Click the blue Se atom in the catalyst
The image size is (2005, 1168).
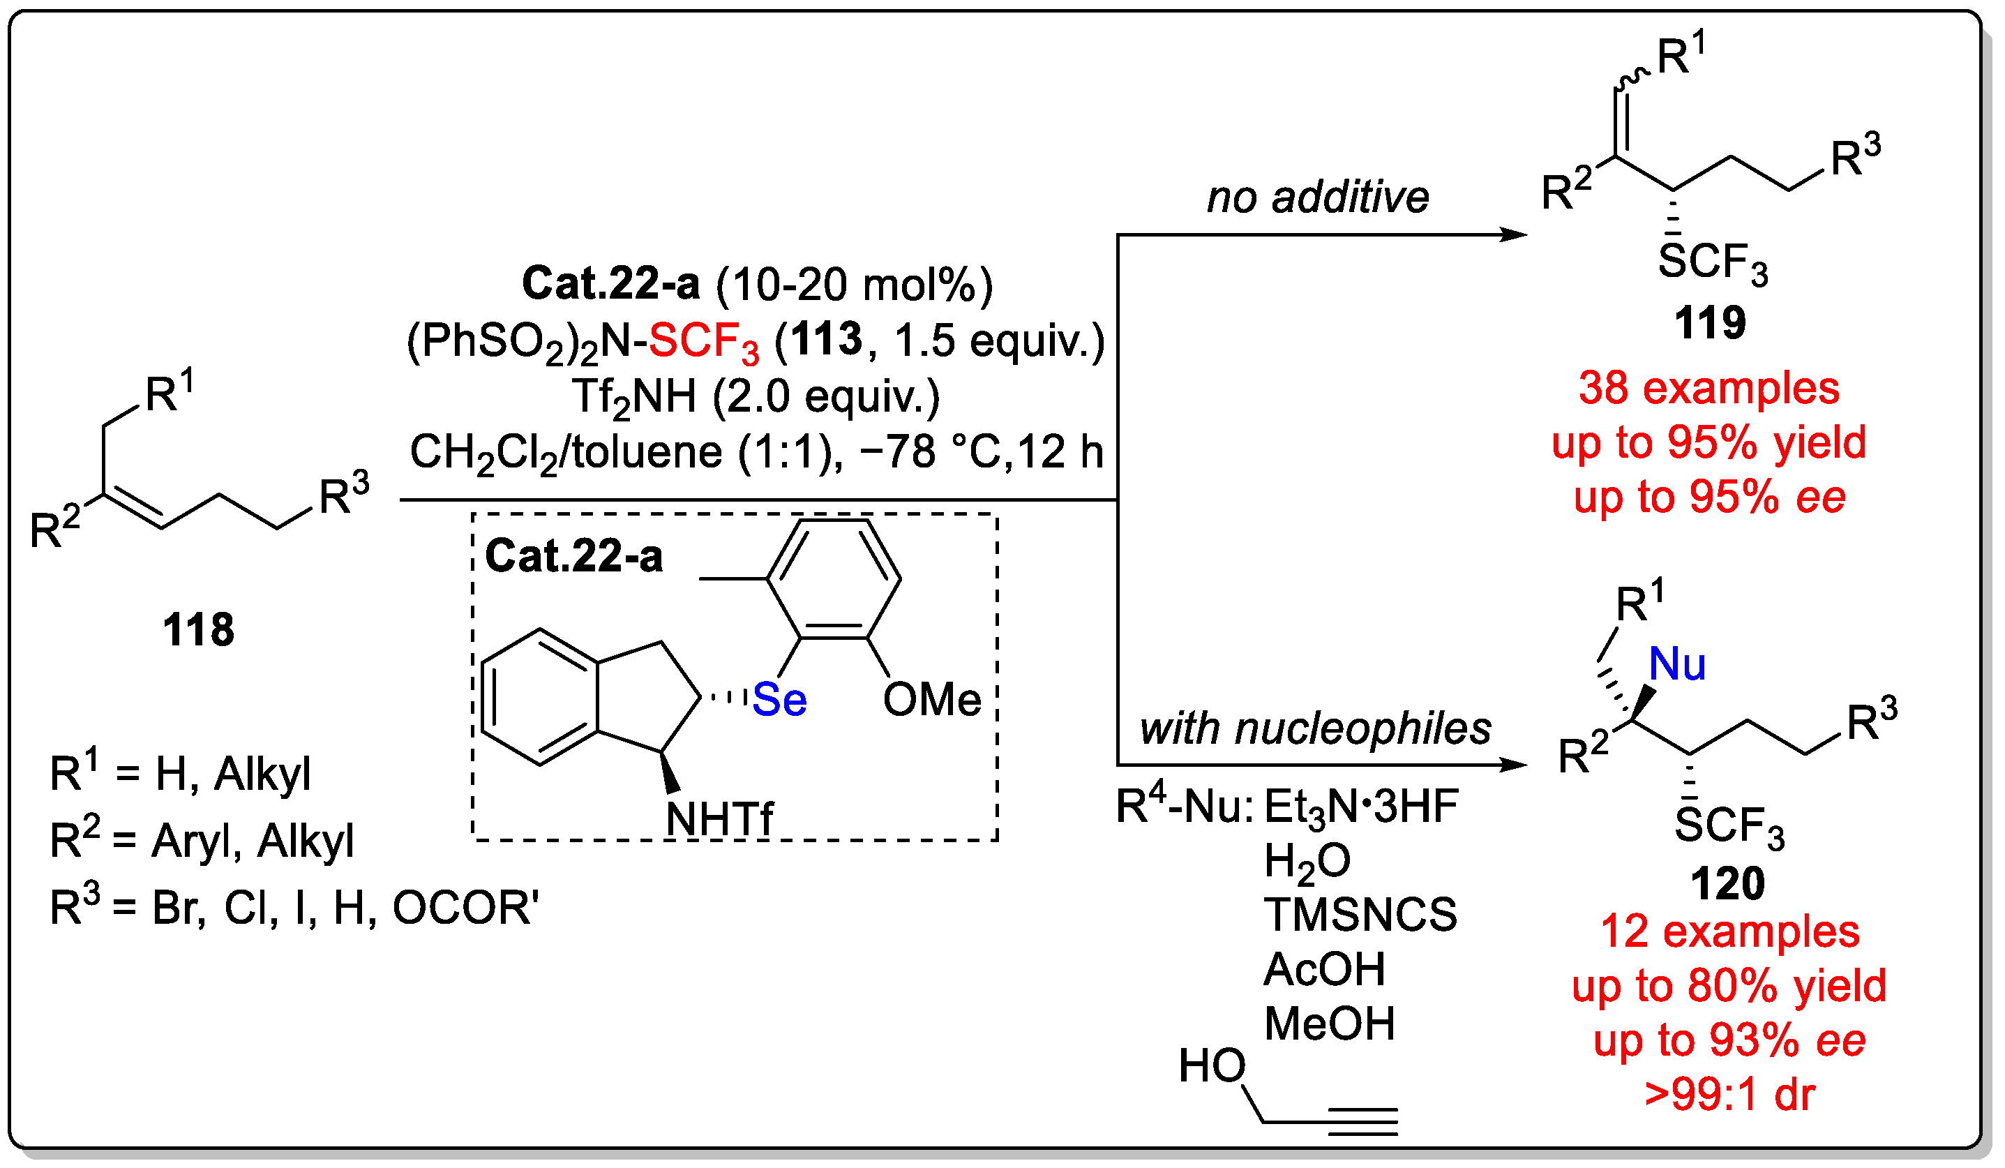[780, 700]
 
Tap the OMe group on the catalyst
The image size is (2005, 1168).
[931, 700]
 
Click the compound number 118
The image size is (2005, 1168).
[198, 630]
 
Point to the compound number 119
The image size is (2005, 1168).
[1710, 323]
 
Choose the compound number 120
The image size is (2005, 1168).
[1727, 884]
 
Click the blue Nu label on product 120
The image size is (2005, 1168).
[1677, 664]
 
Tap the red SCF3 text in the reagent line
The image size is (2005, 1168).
[703, 342]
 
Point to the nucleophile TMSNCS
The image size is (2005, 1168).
[1360, 915]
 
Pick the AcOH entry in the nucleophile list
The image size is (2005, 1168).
[1325, 970]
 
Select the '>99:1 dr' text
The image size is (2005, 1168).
[1729, 1095]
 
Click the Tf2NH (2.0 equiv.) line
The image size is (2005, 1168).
[756, 397]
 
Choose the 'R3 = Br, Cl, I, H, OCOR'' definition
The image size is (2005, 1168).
[294, 908]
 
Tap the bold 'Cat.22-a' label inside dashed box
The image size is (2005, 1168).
[573, 556]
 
